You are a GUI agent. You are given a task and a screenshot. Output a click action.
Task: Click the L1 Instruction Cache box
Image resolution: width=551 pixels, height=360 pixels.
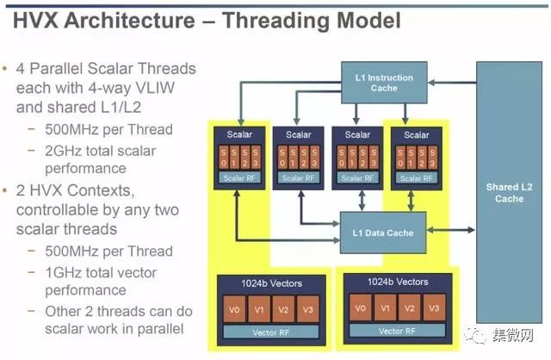point(384,83)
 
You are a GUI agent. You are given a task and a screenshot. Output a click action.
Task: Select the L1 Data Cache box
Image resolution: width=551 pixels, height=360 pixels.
point(383,233)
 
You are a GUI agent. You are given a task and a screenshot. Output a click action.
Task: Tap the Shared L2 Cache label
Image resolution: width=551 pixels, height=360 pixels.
point(509,193)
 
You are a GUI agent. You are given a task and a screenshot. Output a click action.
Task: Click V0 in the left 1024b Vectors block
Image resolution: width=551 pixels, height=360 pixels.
point(234,309)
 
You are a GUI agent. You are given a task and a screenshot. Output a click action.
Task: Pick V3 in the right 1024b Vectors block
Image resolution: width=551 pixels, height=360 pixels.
point(434,308)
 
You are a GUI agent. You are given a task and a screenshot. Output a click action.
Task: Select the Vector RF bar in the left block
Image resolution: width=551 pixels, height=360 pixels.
point(271,332)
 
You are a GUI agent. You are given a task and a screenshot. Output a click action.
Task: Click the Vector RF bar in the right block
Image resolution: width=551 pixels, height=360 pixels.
point(397,331)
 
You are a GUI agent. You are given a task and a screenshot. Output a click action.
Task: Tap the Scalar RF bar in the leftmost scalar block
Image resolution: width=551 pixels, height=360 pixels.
point(239,178)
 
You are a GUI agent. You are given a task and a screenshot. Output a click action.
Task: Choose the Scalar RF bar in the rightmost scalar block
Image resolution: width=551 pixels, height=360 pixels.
point(417,178)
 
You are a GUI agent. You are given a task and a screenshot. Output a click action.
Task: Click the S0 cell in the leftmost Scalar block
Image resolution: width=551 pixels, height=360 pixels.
point(224,158)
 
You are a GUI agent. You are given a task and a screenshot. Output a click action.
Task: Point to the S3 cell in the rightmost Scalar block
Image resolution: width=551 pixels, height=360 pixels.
point(432,158)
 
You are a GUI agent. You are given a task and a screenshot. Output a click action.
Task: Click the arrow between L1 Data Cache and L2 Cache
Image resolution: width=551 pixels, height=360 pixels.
point(451,231)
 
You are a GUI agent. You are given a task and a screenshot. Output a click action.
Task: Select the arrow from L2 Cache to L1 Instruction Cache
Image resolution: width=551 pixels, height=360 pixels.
point(452,83)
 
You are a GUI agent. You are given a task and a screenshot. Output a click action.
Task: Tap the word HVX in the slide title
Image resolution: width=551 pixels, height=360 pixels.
point(35,20)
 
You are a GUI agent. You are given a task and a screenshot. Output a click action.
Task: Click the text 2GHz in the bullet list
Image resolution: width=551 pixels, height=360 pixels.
point(63,152)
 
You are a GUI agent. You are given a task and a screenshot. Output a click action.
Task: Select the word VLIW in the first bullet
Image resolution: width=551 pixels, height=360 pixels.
point(155,88)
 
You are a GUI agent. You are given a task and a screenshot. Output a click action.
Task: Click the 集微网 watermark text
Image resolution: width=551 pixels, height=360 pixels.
point(513,336)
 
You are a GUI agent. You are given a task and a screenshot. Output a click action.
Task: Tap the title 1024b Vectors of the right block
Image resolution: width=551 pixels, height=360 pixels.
point(398,282)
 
